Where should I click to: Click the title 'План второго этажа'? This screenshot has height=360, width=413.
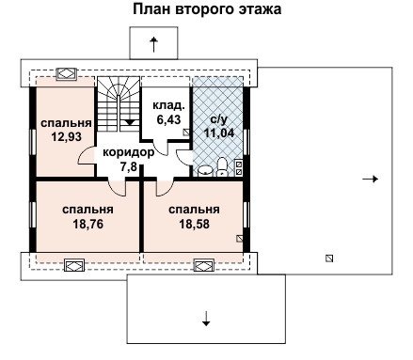pos(206,9)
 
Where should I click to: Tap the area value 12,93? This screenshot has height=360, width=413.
pos(65,137)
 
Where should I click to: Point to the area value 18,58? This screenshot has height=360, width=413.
pos(195,226)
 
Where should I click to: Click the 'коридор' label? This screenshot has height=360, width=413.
pos(128,151)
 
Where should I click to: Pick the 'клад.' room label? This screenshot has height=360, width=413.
pos(167,106)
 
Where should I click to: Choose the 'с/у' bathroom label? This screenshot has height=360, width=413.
pos(217,119)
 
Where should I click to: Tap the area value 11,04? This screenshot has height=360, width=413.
pos(218,133)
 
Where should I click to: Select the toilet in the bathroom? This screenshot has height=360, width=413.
pos(221,167)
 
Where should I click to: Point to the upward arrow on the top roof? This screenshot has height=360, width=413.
pos(153,43)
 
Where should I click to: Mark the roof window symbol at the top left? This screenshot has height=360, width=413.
pos(66,72)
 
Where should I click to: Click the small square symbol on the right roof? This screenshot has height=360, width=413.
pos(328,257)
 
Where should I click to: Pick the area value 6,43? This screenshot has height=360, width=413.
pos(167,120)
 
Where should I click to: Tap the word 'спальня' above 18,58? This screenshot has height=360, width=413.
pos(195,210)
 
